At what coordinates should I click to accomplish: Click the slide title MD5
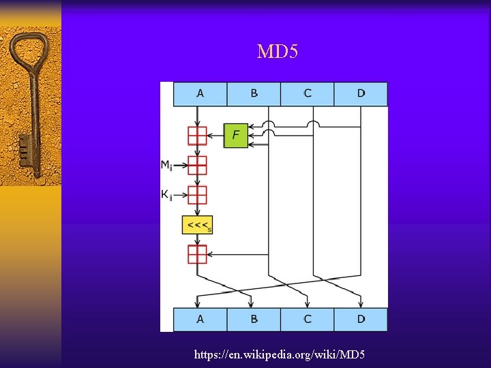click(x=278, y=52)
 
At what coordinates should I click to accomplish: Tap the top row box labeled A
click(x=200, y=94)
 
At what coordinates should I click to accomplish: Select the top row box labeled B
click(x=254, y=94)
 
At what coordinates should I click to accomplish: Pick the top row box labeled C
click(x=307, y=94)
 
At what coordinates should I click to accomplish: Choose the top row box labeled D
click(x=361, y=94)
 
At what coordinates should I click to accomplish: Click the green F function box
click(x=235, y=135)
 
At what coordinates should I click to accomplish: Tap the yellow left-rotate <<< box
click(x=197, y=225)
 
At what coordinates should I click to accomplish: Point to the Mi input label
click(x=166, y=165)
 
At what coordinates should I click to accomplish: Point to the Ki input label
click(x=166, y=195)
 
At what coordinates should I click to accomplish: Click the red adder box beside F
click(x=197, y=135)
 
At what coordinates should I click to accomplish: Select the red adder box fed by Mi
click(x=197, y=165)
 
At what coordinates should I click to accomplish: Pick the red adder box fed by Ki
click(x=197, y=195)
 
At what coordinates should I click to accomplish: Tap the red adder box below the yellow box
click(x=197, y=254)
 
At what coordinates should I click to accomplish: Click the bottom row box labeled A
click(x=200, y=319)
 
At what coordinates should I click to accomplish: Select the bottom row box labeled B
click(x=254, y=319)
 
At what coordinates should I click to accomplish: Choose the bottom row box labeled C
click(x=307, y=319)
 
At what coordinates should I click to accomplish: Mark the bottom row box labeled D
click(x=361, y=319)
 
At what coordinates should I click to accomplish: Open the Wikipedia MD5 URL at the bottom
click(x=280, y=354)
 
